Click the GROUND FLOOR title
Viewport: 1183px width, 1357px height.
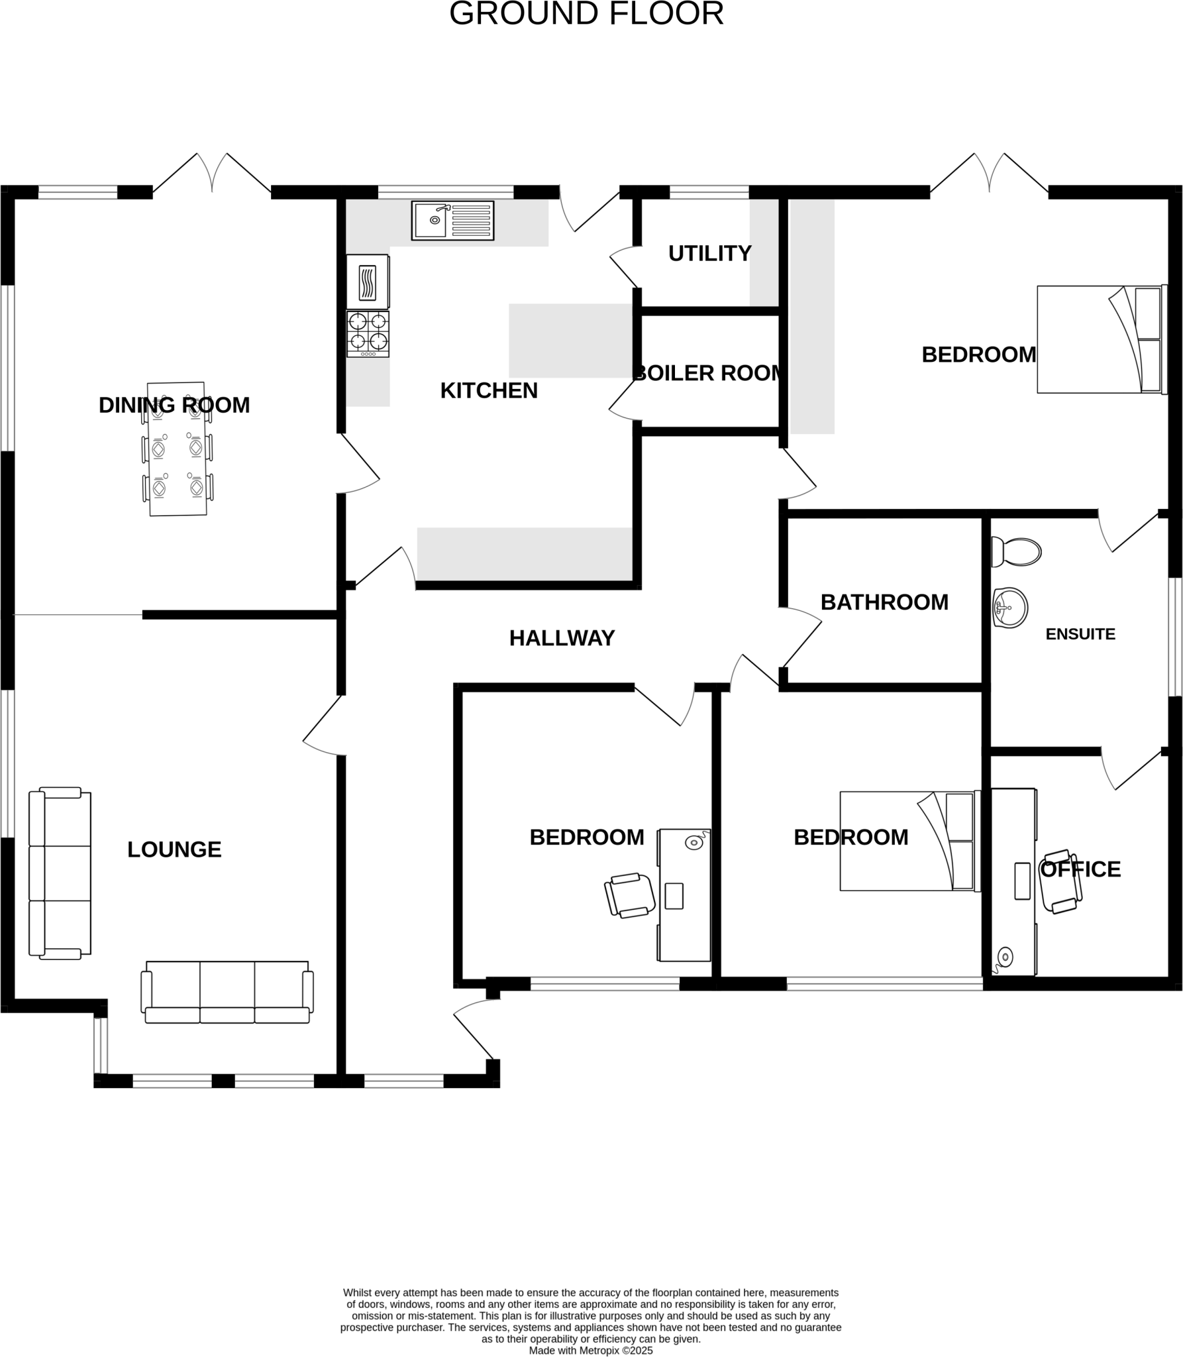tap(586, 14)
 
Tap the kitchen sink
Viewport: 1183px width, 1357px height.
tap(452, 220)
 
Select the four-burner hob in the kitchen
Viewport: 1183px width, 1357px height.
tap(368, 333)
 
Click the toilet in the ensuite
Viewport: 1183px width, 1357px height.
tap(1016, 551)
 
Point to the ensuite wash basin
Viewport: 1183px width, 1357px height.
tap(1010, 607)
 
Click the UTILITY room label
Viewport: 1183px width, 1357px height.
tap(709, 253)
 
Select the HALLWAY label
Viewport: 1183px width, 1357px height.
tap(562, 638)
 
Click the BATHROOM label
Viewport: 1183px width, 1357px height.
tap(884, 602)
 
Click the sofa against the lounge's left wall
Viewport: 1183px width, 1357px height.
tap(60, 873)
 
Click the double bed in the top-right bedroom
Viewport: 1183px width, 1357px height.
tap(1100, 339)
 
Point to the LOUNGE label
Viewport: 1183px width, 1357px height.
tap(174, 849)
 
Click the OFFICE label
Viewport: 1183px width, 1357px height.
tap(1080, 869)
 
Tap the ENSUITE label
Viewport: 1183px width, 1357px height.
tap(1080, 634)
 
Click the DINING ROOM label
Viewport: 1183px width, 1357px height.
tap(174, 405)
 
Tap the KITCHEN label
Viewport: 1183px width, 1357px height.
tap(489, 391)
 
